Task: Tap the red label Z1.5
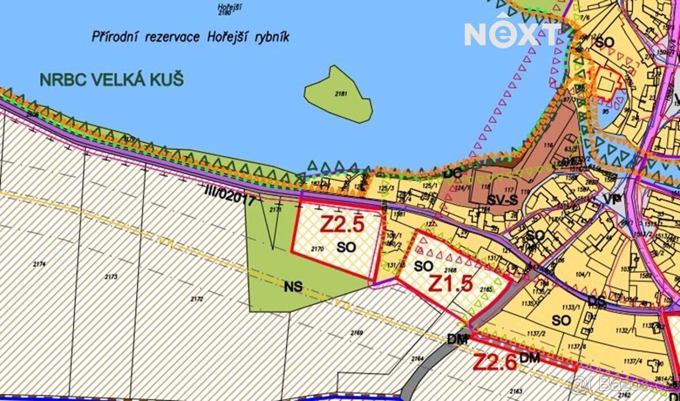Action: [x=450, y=283]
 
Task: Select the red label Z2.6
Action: [x=494, y=361]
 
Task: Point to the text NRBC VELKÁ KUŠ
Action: [x=112, y=79]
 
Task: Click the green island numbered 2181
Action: [x=339, y=95]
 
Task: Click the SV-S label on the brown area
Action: [x=502, y=200]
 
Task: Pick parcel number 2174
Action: [x=39, y=264]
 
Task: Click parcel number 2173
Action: [x=110, y=276]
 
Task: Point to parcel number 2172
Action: [x=197, y=298]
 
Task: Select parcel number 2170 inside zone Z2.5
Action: [x=317, y=248]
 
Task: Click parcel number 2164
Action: [x=418, y=358]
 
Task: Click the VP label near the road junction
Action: [x=610, y=199]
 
